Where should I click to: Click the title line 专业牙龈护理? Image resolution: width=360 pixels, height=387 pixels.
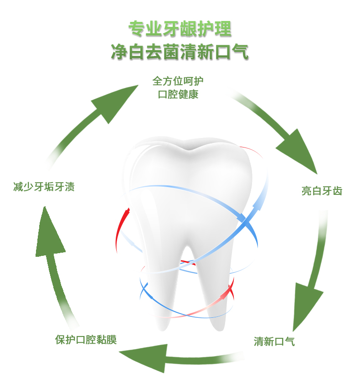pyautogui.click(x=180, y=29)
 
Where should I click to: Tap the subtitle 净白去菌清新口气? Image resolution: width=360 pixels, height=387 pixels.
pyautogui.click(x=180, y=52)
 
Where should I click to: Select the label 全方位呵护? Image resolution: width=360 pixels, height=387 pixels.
pyautogui.click(x=178, y=81)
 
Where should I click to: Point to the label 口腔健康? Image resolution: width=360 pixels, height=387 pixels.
pyautogui.click(x=178, y=95)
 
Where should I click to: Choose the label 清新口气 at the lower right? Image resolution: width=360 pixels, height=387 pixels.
pyautogui.click(x=274, y=341)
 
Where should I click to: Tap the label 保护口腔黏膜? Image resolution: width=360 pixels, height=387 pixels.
pyautogui.click(x=86, y=340)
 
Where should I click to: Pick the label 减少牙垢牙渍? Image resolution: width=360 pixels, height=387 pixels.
pyautogui.click(x=44, y=187)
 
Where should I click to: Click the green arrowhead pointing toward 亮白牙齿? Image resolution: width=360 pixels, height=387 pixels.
pyautogui.click(x=298, y=153)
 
